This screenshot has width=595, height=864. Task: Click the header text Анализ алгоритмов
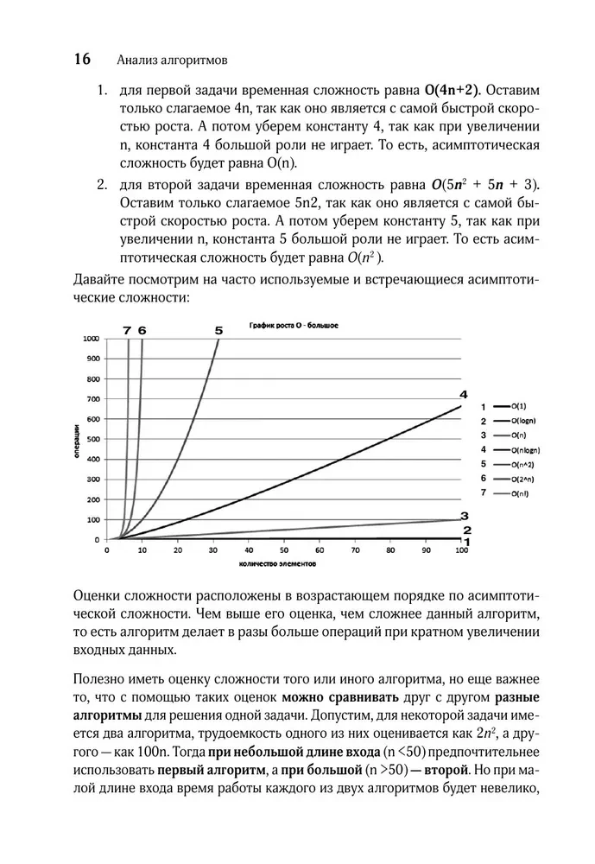coord(170,60)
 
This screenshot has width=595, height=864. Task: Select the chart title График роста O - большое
coord(293,326)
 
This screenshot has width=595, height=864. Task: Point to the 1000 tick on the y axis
coord(91,339)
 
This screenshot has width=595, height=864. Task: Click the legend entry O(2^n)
coord(522,479)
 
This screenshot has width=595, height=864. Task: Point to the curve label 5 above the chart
coord(218,330)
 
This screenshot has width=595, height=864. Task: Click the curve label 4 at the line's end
coord(463,395)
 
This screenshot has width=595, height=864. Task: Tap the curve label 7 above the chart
coord(127,330)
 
